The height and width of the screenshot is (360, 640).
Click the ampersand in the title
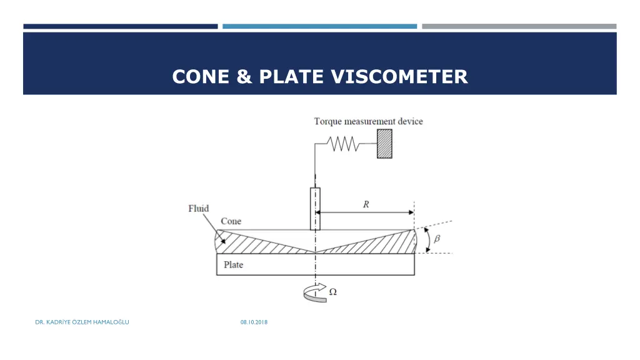244,77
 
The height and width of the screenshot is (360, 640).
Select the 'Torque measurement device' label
368,121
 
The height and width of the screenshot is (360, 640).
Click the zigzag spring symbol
344,144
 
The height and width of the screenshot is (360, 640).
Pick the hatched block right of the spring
384,144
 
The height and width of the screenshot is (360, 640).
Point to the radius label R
366,204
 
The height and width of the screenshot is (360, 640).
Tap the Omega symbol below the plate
333,291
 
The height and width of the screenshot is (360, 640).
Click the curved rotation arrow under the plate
314,292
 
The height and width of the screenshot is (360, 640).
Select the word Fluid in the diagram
199,209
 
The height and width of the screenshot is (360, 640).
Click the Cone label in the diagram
231,221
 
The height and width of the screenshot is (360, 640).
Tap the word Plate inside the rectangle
233,264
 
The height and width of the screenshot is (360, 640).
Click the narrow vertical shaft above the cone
315,208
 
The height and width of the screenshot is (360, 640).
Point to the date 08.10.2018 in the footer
254,322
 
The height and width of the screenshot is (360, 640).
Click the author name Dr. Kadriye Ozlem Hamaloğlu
82,322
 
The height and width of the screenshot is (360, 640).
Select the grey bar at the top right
519,26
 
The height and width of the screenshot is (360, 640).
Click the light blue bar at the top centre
319,26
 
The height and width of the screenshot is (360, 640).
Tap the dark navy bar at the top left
121,26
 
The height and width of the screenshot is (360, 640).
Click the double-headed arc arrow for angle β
428,240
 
